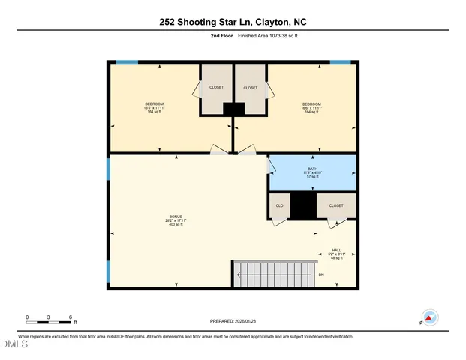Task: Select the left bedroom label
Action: (x=154, y=107)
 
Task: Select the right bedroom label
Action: (x=311, y=107)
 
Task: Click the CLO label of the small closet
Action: (x=278, y=205)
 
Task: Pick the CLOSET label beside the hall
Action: (x=335, y=205)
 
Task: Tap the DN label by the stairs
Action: (x=321, y=276)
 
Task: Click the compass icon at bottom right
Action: (x=429, y=317)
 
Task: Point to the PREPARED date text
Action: (x=233, y=321)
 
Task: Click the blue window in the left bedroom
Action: (x=127, y=62)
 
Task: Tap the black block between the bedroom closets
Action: (x=233, y=109)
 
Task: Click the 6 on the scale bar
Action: (x=71, y=316)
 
